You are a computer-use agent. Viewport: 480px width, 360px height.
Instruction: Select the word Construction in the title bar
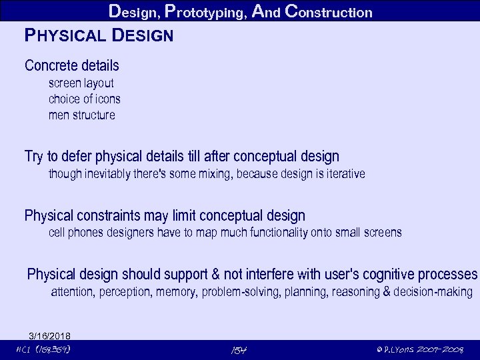(328, 11)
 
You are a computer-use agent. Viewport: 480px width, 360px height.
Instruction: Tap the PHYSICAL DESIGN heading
(99, 35)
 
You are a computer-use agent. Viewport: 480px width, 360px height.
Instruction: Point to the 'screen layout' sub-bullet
(81, 83)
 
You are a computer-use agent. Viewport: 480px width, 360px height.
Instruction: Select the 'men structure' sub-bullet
(81, 115)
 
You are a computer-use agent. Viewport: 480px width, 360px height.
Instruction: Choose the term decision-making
(433, 292)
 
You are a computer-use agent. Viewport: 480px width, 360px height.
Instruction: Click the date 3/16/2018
(49, 335)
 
